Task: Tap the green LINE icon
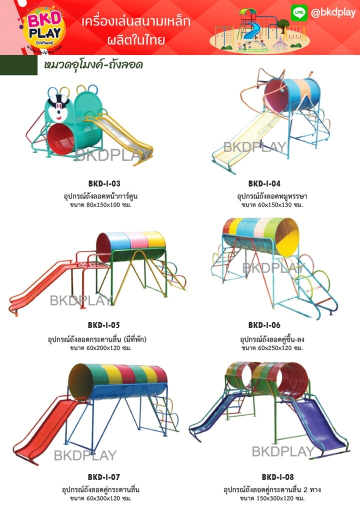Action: [x=298, y=13]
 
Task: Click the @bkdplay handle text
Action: [x=333, y=13]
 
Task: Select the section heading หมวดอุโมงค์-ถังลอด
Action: [x=94, y=65]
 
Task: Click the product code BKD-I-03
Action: [x=104, y=183]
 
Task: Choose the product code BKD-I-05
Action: [x=104, y=325]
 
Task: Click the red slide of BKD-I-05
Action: [x=40, y=287]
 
